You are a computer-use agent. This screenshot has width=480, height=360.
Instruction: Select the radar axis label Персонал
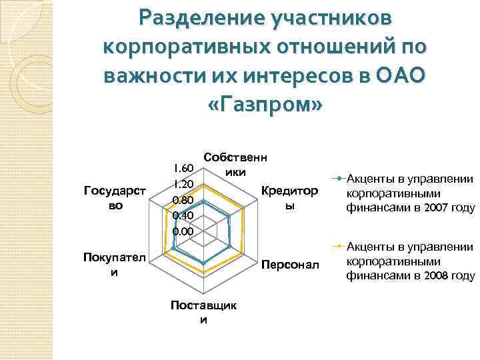[x=290, y=265]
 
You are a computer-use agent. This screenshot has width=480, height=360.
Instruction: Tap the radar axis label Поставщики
[x=203, y=312]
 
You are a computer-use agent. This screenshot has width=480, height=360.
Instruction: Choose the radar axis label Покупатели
[x=111, y=265]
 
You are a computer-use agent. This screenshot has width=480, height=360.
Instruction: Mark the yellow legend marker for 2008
[x=339, y=246]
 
